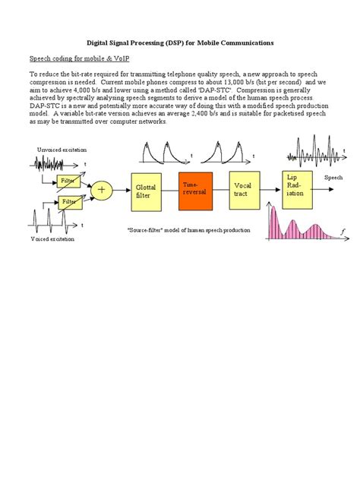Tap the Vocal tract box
[243, 190]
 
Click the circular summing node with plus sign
[101, 191]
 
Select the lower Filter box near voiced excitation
[69, 202]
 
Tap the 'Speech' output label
[334, 178]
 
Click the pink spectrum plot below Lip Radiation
[300, 223]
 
